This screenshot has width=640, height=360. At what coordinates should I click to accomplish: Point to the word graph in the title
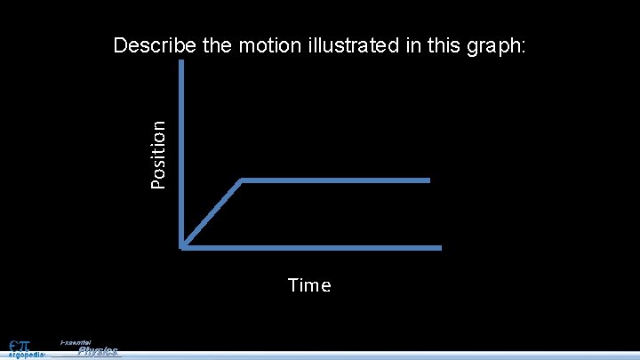point(493,46)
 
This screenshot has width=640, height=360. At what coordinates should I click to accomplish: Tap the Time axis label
point(309,285)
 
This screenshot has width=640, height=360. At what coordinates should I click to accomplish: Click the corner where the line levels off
point(242,180)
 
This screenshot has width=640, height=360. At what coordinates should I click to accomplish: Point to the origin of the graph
point(182,246)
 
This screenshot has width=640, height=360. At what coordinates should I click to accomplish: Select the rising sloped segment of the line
point(212,213)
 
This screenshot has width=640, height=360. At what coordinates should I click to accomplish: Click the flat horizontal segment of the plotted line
point(336,180)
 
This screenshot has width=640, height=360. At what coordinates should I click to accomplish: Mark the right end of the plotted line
point(428,180)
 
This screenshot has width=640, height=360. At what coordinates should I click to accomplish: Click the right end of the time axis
point(440,246)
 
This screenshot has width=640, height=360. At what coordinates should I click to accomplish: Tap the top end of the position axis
point(181,62)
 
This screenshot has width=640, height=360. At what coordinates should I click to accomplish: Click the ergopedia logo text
point(20,354)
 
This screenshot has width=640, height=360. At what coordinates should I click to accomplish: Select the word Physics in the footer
point(98,351)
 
